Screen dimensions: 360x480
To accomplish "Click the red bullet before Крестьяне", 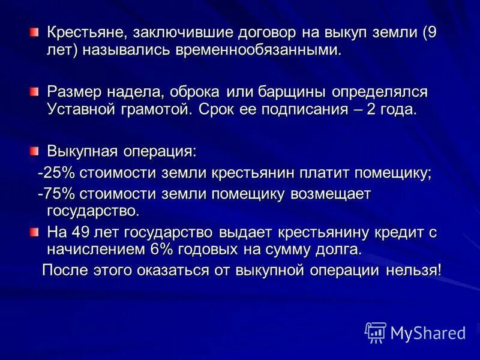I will click(34, 31).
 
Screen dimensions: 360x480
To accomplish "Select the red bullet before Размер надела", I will click(34, 91).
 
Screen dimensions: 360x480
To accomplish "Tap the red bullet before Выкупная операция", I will click(34, 148).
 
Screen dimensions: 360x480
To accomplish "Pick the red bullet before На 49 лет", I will click(34, 232).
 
